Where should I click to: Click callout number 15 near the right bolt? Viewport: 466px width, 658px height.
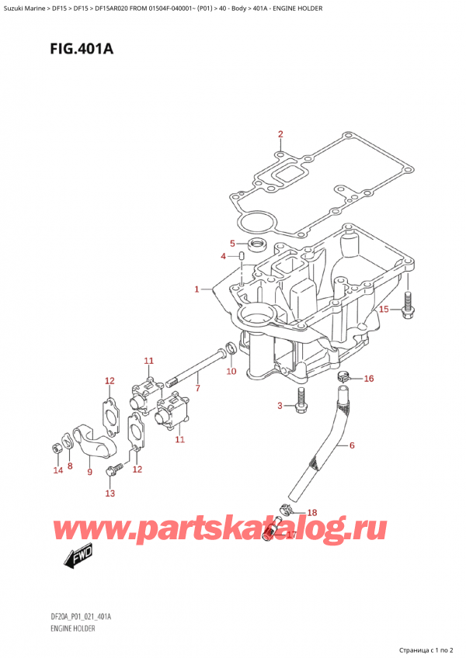(x=381, y=310)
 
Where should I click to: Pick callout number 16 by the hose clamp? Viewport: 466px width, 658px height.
(x=368, y=379)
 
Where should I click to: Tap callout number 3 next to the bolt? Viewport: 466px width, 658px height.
(x=280, y=406)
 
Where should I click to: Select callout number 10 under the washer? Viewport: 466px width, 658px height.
(x=231, y=372)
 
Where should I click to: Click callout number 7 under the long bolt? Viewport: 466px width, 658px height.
(x=198, y=387)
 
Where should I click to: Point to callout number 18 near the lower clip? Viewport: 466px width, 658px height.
(x=312, y=513)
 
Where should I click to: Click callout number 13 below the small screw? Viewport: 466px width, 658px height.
(x=110, y=493)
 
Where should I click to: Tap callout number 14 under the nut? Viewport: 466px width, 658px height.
(x=56, y=470)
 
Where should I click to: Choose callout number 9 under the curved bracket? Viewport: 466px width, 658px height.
(x=89, y=471)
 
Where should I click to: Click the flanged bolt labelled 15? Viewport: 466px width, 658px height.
(x=406, y=310)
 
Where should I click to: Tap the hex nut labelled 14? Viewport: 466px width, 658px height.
(x=56, y=448)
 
